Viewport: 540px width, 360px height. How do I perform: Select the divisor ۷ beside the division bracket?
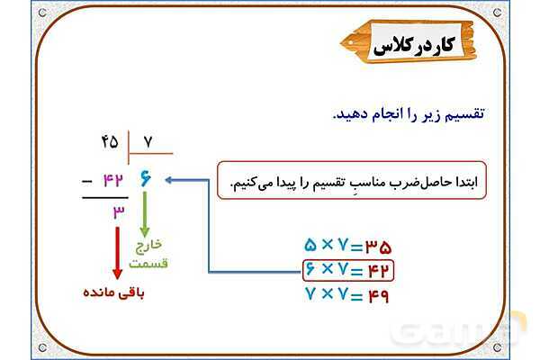(x=148, y=141)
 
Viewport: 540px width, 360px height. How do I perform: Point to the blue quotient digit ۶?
(x=146, y=179)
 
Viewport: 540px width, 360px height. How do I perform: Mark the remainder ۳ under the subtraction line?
(x=118, y=211)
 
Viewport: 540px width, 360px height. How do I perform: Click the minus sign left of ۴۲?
(x=86, y=179)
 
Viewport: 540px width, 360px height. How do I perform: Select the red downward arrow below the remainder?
(x=117, y=253)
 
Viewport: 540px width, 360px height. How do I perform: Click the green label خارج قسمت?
(x=149, y=254)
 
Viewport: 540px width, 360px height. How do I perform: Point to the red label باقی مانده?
(x=114, y=293)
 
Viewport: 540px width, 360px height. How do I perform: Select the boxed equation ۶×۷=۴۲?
(x=347, y=269)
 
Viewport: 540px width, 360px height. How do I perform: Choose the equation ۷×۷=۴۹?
(x=347, y=293)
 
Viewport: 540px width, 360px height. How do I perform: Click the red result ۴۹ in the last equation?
(x=377, y=293)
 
